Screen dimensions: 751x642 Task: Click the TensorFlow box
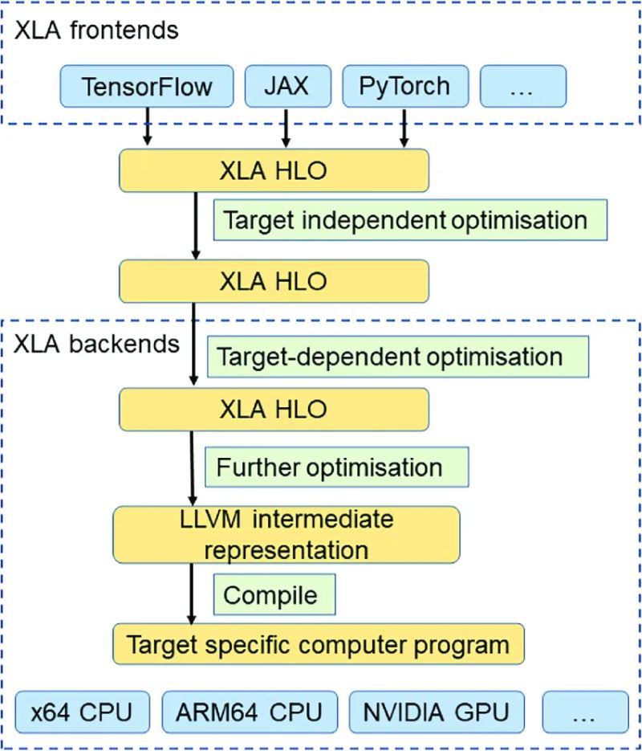pyautogui.click(x=146, y=86)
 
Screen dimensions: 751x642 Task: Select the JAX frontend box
pyautogui.click(x=286, y=86)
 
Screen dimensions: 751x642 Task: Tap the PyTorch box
pyautogui.click(x=404, y=86)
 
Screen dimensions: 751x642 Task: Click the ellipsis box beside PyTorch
pyautogui.click(x=522, y=86)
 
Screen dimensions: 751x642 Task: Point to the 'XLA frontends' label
pyautogui.click(x=95, y=31)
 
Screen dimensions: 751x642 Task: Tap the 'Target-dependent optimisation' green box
pyautogui.click(x=397, y=356)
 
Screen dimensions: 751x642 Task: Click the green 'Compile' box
pyautogui.click(x=273, y=595)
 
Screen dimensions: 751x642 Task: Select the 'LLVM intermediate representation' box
pyautogui.click(x=286, y=534)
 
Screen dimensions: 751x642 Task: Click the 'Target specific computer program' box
pyautogui.click(x=319, y=645)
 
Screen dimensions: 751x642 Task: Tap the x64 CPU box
pyautogui.click(x=83, y=712)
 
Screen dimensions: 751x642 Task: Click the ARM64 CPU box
pyautogui.click(x=250, y=712)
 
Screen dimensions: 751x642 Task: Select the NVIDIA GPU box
pyautogui.click(x=434, y=712)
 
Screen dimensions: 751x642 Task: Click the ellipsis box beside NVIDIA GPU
pyautogui.click(x=585, y=712)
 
